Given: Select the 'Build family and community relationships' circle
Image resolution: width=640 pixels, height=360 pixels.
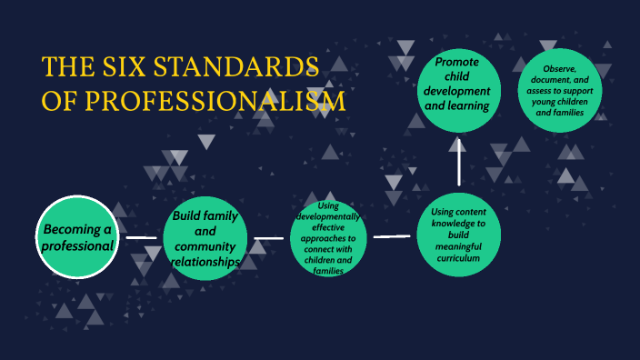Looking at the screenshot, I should (x=205, y=239).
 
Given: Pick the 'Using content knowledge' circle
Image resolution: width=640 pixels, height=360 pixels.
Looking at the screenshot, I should (x=458, y=235).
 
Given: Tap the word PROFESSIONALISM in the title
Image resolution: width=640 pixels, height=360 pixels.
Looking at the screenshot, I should (x=215, y=100).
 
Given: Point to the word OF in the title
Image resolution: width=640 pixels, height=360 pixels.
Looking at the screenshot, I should (x=59, y=100).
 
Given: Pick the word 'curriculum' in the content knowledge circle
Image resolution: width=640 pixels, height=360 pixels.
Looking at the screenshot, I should (x=458, y=256).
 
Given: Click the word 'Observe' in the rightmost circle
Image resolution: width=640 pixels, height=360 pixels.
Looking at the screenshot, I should (x=564, y=69).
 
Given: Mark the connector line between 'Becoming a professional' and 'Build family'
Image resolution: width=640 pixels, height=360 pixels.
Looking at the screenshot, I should (x=141, y=238).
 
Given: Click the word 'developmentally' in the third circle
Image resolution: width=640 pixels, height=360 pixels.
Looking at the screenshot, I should (x=331, y=217).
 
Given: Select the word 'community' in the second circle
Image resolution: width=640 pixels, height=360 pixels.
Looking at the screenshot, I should (x=205, y=246).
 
